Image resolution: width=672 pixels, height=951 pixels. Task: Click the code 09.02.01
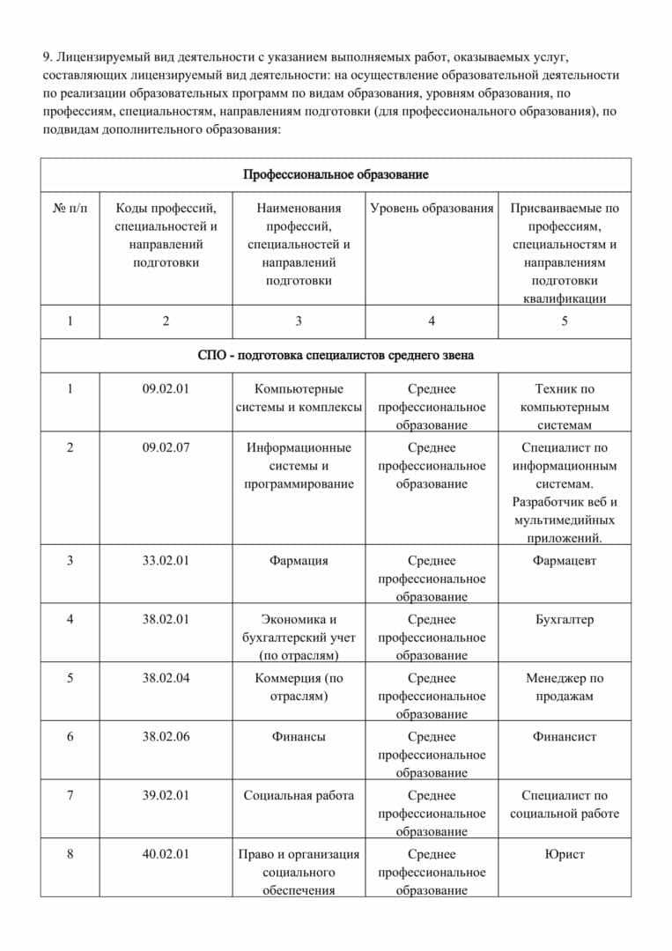(x=166, y=388)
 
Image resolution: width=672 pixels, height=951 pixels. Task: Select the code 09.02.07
(x=166, y=447)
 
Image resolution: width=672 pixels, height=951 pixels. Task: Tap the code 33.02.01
(x=166, y=560)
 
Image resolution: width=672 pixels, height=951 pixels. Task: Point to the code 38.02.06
(x=166, y=736)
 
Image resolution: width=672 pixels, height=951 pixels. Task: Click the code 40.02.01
(x=166, y=853)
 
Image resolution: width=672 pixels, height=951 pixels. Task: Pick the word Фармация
(x=299, y=560)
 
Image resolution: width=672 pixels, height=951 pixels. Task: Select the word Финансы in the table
(x=299, y=736)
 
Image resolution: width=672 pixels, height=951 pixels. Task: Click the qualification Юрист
(x=565, y=853)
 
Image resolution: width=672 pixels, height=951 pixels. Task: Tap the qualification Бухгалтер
(x=565, y=619)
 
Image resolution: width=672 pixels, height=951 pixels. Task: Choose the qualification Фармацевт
(x=565, y=560)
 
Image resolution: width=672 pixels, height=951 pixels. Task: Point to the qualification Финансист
(x=565, y=736)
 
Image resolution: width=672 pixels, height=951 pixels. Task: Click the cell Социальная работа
(x=299, y=795)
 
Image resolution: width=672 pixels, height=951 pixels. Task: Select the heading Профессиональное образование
(x=336, y=174)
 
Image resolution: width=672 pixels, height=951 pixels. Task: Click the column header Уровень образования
(x=432, y=209)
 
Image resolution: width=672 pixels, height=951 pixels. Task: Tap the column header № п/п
(x=70, y=209)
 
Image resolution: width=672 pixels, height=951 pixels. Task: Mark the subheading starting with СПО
(x=336, y=356)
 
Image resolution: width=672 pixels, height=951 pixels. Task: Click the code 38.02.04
(x=166, y=678)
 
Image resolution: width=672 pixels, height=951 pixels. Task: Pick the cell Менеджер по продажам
(x=565, y=687)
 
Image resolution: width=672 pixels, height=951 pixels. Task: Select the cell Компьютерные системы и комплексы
(x=299, y=397)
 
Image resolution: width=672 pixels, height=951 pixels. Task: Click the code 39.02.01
(x=166, y=795)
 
